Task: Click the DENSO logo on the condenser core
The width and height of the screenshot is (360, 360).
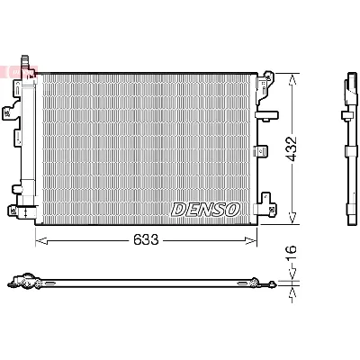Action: click(206, 208)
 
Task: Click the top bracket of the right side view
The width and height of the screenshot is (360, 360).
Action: click(346, 90)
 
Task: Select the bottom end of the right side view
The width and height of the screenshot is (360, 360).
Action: click(347, 216)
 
